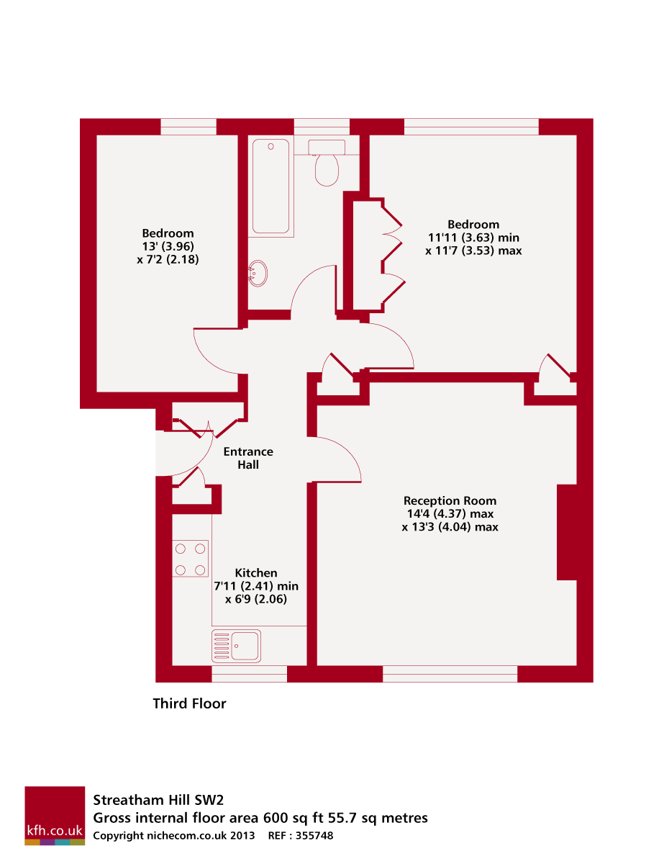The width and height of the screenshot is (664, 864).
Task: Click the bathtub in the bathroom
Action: coord(270,186)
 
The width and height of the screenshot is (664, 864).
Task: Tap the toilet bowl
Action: coord(327,170)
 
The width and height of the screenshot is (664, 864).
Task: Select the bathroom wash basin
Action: coord(258,273)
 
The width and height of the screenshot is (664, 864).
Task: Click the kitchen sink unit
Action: coord(236,645)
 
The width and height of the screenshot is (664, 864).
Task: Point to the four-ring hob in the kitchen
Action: coord(190,559)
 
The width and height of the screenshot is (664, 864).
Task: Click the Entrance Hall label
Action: coord(248,458)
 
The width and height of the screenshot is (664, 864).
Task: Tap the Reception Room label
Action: coord(450,500)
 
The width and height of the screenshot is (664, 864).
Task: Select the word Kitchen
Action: coord(256,573)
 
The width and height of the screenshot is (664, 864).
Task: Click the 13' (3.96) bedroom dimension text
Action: coord(168,246)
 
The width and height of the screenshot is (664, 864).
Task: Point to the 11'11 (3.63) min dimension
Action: coord(473,238)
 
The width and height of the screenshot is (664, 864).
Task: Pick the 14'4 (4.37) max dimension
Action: coord(450,513)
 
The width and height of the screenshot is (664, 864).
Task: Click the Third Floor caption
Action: coord(189,703)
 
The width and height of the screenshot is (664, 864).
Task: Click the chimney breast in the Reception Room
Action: coord(567,532)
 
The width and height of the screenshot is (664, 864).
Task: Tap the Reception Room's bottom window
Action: coord(450,674)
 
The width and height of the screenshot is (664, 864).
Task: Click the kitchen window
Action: coord(249,674)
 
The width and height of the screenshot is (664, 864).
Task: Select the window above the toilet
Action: coord(322,127)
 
